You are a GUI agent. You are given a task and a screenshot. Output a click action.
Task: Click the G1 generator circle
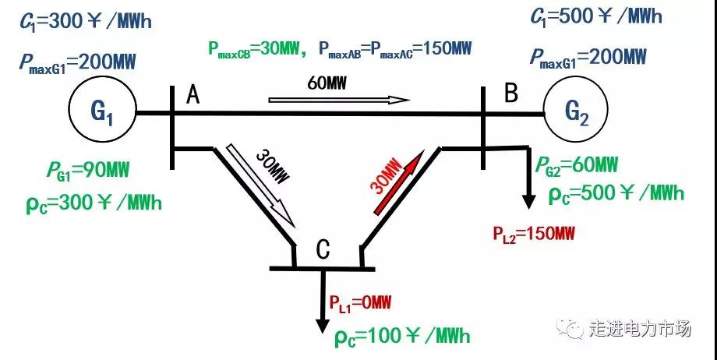point(103,113)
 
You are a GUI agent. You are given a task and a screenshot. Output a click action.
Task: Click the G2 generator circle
point(577,113)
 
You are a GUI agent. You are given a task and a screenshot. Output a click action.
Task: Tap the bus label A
point(193,95)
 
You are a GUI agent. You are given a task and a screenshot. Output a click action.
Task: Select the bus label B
point(511,94)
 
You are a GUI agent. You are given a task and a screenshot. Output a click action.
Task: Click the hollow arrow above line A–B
point(339,100)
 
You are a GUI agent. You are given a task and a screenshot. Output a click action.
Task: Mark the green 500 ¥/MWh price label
point(616,192)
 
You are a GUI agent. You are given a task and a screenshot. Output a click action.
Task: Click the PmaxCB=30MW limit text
point(255,49)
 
